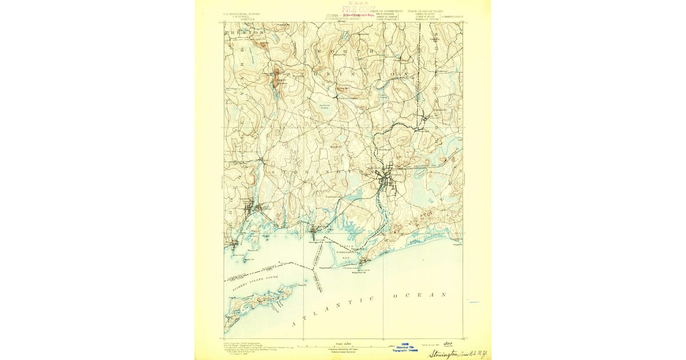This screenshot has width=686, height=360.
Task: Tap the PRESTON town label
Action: click(237, 33)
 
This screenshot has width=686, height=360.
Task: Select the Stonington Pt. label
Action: click(316, 242)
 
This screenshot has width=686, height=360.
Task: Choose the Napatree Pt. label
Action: click(325, 266)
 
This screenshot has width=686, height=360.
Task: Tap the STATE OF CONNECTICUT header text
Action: click(386, 11)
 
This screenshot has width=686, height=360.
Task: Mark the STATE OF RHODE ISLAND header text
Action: click(426, 11)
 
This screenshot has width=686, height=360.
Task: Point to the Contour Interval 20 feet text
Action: click(343, 349)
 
